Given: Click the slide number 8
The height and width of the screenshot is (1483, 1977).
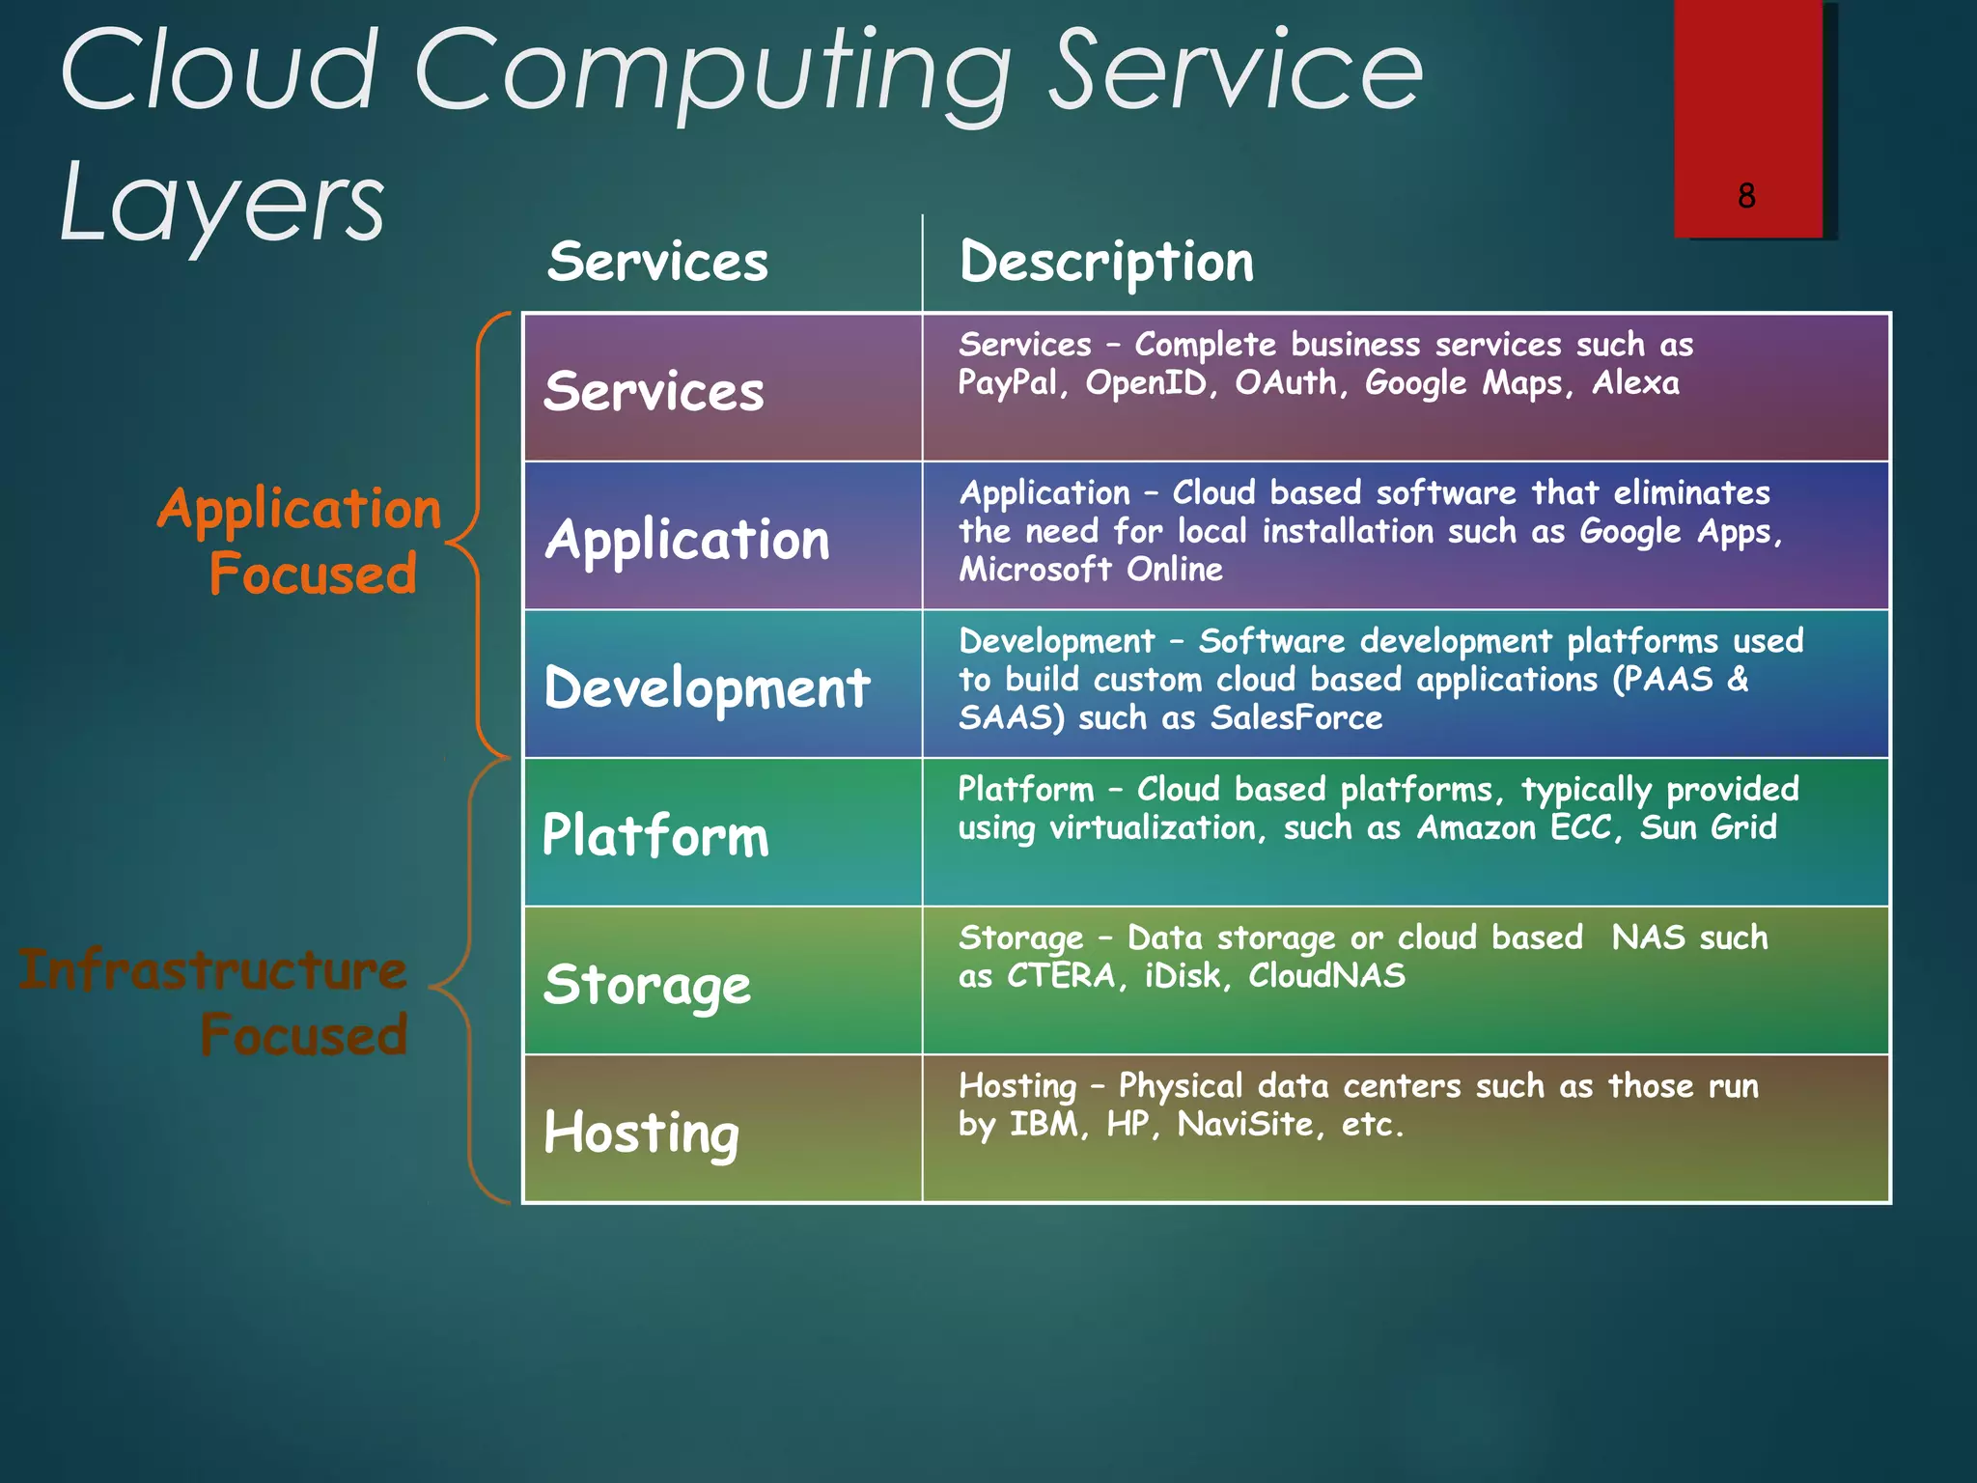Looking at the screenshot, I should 1745,196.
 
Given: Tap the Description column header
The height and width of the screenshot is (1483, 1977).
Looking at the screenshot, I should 1106,262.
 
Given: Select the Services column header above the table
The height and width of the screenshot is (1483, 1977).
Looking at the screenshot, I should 657,262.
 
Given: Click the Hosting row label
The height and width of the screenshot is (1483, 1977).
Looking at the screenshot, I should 641,1132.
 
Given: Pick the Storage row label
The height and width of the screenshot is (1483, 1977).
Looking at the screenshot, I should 647,985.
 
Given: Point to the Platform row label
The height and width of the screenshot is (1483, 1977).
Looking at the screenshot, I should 655,835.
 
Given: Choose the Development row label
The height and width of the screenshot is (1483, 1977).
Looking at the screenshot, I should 707,688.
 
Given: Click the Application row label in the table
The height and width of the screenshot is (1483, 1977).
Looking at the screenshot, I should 687,540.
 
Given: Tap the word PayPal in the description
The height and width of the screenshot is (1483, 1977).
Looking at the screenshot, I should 1008,383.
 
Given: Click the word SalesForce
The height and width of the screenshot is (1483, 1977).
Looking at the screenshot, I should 1296,717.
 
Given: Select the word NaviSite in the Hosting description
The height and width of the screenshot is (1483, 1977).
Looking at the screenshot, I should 1245,1124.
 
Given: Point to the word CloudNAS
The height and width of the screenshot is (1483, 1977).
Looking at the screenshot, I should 1326,975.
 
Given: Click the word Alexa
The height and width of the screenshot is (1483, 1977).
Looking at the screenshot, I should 1635,383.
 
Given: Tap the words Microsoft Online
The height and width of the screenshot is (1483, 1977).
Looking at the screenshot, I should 1090,570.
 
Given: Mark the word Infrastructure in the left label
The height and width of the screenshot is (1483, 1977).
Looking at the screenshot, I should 212,969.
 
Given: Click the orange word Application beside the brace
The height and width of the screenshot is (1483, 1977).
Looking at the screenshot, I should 299,509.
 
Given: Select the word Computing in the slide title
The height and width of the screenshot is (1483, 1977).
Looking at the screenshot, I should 712,72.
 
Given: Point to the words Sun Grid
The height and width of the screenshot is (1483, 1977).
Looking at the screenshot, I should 1708,827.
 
